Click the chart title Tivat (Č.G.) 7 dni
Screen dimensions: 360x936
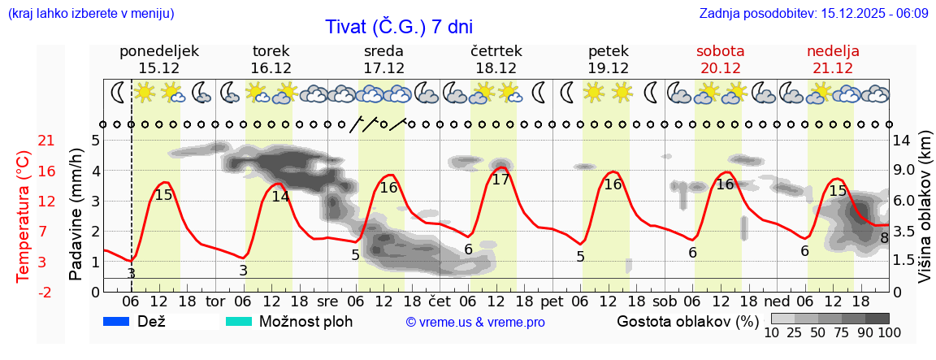click(398, 27)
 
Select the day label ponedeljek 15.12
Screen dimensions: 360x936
click(158, 59)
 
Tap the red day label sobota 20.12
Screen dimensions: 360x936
click(720, 59)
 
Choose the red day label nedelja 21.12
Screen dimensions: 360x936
click(833, 59)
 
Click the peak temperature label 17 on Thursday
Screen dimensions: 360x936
click(500, 180)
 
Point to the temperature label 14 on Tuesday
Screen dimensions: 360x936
click(280, 196)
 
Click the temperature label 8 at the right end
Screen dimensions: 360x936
click(884, 238)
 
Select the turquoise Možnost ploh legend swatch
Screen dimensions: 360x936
click(239, 322)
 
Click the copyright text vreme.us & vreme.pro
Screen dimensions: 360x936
click(475, 323)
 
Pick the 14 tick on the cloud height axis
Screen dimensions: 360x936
click(903, 141)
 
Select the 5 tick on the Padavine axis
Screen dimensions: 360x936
click(95, 141)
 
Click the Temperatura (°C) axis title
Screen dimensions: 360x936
click(24, 216)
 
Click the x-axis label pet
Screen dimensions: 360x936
click(551, 301)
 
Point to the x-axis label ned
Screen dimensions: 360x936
click(778, 301)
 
